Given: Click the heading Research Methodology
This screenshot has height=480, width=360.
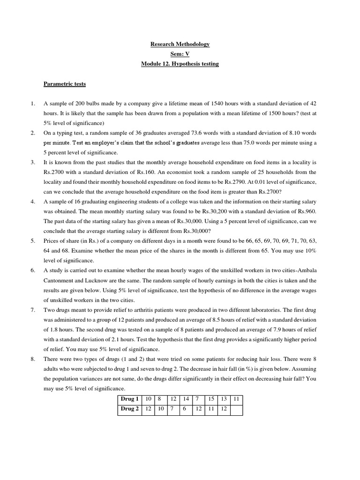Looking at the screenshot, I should coord(180,44).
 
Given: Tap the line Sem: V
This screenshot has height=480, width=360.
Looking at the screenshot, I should coord(180,54).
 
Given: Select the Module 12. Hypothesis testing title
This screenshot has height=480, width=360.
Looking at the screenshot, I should coord(180,64).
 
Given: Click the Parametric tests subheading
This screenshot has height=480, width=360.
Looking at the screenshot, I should coord(65,84).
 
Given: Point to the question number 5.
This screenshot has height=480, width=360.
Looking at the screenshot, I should coord(33,241).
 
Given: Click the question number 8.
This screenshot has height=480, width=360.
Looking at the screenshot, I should coord(33,359).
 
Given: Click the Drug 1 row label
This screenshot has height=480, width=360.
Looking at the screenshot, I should coord(130,399).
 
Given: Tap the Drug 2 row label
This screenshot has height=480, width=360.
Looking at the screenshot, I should coord(130,409).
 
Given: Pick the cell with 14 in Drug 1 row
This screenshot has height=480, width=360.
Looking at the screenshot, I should coord(186,399).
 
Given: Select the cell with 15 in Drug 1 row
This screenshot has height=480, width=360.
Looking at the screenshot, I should coord(211,399).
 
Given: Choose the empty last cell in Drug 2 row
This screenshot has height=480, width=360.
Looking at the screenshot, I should coord(236,409).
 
